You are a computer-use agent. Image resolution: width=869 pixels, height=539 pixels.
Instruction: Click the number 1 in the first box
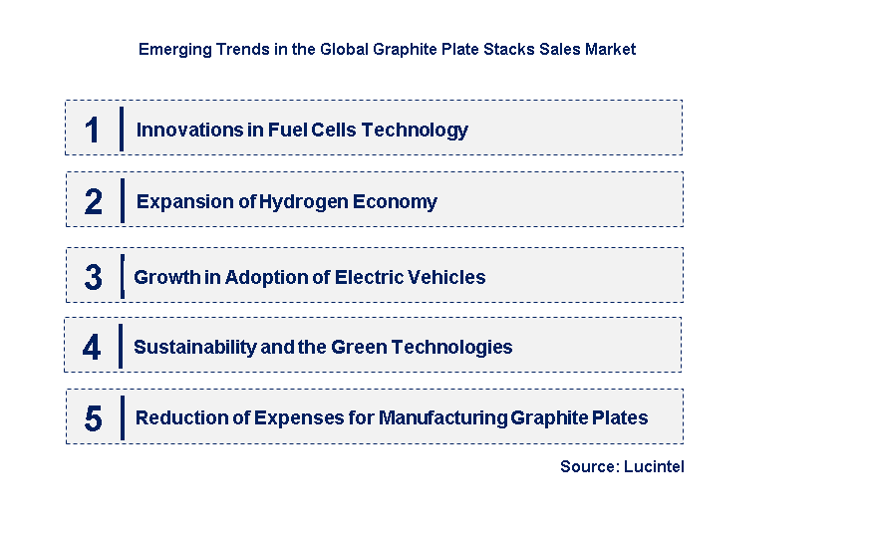click(93, 130)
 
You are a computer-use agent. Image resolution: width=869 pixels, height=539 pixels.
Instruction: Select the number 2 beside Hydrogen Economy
click(93, 201)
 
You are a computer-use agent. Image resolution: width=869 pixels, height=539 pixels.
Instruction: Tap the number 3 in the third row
click(93, 277)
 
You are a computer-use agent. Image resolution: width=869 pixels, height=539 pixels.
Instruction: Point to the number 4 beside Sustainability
click(92, 348)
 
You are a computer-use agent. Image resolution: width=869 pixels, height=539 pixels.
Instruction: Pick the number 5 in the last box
click(93, 418)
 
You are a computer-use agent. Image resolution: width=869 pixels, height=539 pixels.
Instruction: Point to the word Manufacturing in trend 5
click(442, 417)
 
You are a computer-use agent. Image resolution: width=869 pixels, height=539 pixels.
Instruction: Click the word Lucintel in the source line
click(654, 466)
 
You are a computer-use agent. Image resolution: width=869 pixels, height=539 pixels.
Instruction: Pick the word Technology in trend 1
click(415, 131)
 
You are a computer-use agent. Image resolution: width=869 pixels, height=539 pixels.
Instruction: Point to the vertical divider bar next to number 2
click(122, 200)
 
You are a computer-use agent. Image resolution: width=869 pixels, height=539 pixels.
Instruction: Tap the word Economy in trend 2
click(395, 201)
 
